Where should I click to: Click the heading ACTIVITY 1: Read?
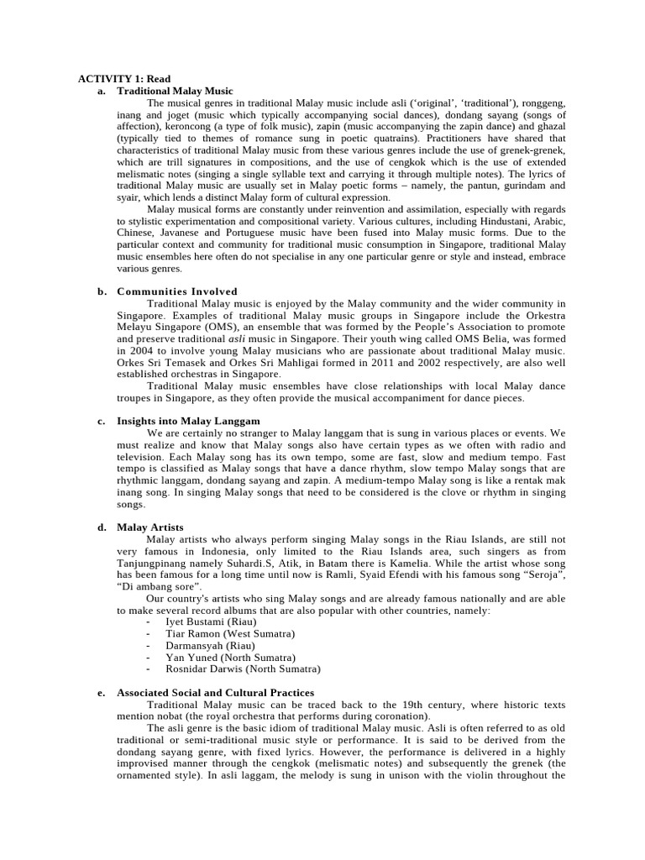click(x=124, y=79)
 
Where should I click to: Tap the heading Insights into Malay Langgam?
click(x=188, y=421)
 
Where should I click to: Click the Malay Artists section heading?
click(x=149, y=527)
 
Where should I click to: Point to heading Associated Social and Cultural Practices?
click(x=215, y=693)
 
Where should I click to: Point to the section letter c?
click(x=101, y=421)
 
